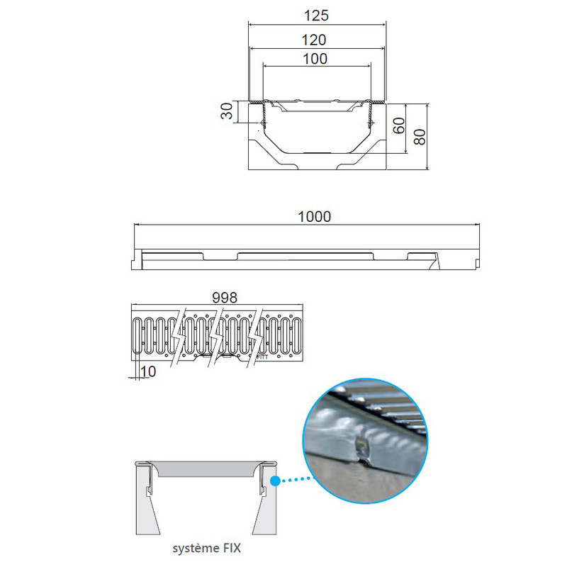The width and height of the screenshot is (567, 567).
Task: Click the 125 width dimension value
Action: coord(316,16)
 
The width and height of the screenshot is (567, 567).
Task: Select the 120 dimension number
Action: coord(314,40)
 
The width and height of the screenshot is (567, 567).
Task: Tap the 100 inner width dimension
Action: coord(315,59)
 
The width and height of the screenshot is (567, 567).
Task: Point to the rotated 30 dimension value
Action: coord(227,111)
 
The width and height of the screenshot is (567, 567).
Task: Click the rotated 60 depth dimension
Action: coord(399,125)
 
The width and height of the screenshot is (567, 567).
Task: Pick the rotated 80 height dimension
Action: coord(420,137)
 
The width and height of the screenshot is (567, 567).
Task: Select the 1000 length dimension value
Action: coord(314,217)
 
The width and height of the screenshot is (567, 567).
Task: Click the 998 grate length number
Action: coord(225,298)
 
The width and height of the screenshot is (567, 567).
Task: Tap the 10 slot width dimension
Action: coord(148,371)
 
